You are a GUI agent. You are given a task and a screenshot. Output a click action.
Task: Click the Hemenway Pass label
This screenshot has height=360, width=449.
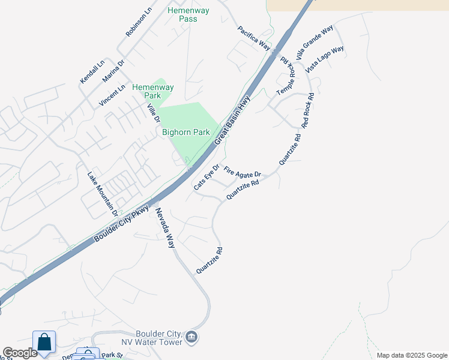pos(182,14)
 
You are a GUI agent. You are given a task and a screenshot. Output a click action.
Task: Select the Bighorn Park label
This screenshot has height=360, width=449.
pos(185,133)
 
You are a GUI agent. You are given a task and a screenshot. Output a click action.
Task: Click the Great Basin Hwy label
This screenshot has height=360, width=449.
pos(232,121)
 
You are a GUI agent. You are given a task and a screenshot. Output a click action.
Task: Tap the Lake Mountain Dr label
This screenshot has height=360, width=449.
pos(101,194)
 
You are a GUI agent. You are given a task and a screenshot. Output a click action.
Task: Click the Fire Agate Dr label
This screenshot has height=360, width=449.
pos(243,173)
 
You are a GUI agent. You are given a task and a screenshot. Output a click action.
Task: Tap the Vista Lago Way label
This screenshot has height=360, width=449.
pos(325,59)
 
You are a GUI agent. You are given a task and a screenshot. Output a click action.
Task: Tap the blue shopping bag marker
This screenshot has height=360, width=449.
pos(44,342)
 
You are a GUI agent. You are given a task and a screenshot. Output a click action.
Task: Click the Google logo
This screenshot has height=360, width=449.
pos(20,353)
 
